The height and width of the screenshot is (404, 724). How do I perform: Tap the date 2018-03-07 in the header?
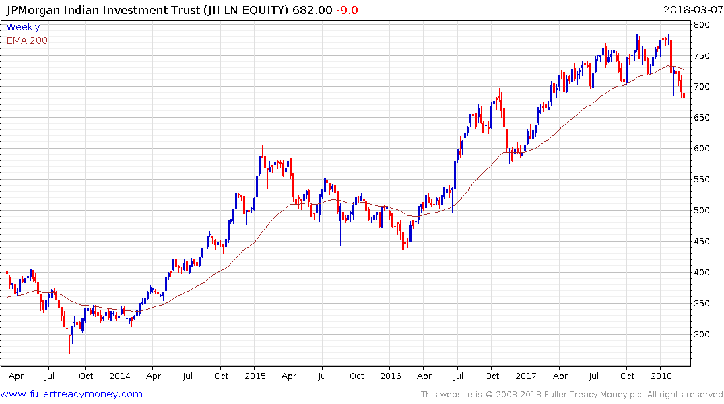[x=692, y=10]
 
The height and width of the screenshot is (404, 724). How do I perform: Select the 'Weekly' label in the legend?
[x=23, y=28]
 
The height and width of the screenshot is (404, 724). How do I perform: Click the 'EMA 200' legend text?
[x=27, y=40]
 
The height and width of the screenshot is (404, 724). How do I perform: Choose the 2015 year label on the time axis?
[x=255, y=376]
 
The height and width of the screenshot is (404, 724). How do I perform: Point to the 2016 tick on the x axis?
[x=391, y=376]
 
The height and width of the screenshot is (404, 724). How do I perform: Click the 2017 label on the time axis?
[x=526, y=376]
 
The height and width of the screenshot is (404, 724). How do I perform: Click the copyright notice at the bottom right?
[x=572, y=395]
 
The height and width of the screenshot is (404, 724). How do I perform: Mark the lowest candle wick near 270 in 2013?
[x=69, y=352]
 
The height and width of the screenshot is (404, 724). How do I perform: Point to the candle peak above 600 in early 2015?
[x=262, y=147]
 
